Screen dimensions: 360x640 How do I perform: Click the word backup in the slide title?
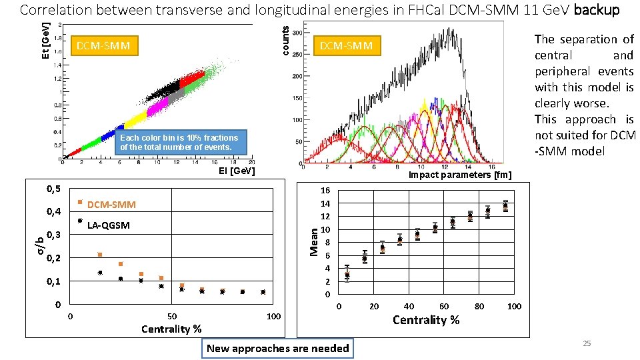click(x=597, y=11)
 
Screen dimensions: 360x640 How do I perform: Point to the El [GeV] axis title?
click(x=237, y=171)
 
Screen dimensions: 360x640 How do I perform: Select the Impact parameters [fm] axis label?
click(x=460, y=175)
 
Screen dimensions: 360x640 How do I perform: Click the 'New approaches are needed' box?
click(x=278, y=348)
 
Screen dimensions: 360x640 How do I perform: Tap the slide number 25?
click(x=587, y=343)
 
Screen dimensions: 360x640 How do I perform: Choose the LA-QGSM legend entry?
click(x=109, y=225)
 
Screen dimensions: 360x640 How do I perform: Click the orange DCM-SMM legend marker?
click(x=80, y=201)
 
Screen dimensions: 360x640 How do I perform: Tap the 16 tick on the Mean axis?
click(x=325, y=190)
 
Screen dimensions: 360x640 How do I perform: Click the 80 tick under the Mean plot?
click(x=479, y=307)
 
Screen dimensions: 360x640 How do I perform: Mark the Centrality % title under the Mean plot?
click(x=426, y=320)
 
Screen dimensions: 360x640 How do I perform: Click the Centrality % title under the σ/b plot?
click(x=171, y=329)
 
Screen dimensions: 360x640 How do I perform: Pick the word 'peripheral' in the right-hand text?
click(x=562, y=71)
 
